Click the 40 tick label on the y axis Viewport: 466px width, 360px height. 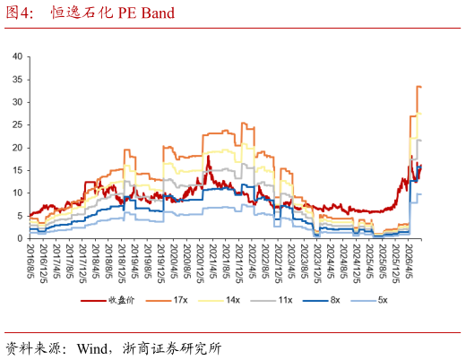(x=17, y=56)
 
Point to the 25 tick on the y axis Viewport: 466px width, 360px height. (x=17, y=124)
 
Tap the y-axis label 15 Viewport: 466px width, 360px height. (x=17, y=170)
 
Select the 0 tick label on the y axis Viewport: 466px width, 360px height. (x=20, y=238)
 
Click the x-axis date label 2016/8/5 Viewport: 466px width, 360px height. (x=30, y=261)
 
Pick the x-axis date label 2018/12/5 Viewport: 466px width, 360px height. (x=122, y=263)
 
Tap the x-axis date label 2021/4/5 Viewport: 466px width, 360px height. (x=213, y=261)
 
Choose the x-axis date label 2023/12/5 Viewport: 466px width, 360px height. (x=317, y=263)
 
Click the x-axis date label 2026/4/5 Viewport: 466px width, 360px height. (x=409, y=261)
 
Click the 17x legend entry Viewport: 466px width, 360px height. (x=167, y=300)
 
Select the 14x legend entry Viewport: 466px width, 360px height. (x=219, y=300)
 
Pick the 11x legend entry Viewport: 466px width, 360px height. (x=272, y=300)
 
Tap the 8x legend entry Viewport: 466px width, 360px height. (x=322, y=300)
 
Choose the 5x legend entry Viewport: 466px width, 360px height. (x=369, y=300)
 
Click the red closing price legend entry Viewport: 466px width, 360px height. (x=108, y=300)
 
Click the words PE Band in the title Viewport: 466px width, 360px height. (x=146, y=13)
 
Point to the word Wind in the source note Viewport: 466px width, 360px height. (x=92, y=348)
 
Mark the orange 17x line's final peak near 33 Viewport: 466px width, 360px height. (x=419, y=87)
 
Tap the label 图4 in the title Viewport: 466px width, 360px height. (x=19, y=13)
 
